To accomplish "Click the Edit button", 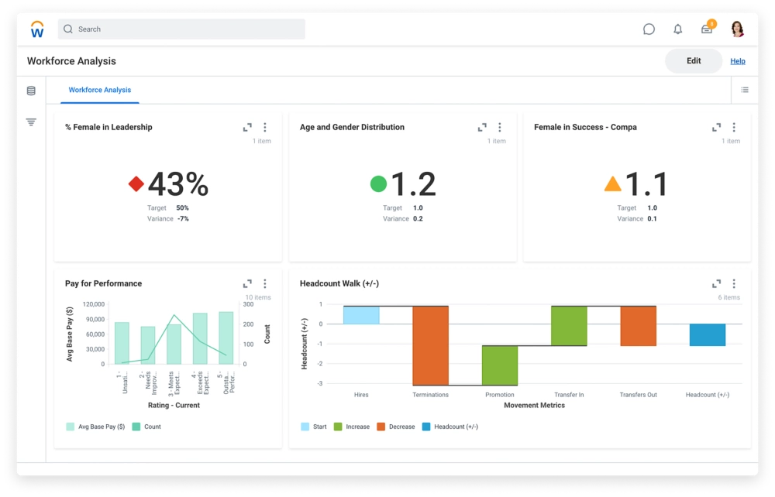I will tap(694, 61).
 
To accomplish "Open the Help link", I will tap(737, 61).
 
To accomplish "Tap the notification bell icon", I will tap(678, 29).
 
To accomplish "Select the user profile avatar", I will tap(737, 29).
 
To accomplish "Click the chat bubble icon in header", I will tap(649, 29).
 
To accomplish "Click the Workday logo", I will tap(37, 29).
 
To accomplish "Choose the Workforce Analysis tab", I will tap(100, 90).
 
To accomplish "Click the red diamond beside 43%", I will tap(136, 184).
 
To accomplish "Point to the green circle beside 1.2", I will tap(378, 184).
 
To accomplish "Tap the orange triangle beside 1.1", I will tap(612, 184).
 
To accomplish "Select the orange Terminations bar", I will tap(430, 345).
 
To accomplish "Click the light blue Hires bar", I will tap(361, 315).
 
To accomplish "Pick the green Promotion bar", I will tap(500, 365).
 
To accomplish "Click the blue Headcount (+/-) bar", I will tap(707, 334).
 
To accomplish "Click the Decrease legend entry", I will tap(396, 427).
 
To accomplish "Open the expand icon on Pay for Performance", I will tap(247, 284).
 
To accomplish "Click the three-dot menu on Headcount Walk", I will tap(734, 284).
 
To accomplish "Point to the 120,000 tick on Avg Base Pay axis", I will tap(94, 304).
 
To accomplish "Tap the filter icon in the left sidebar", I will tap(31, 122).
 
